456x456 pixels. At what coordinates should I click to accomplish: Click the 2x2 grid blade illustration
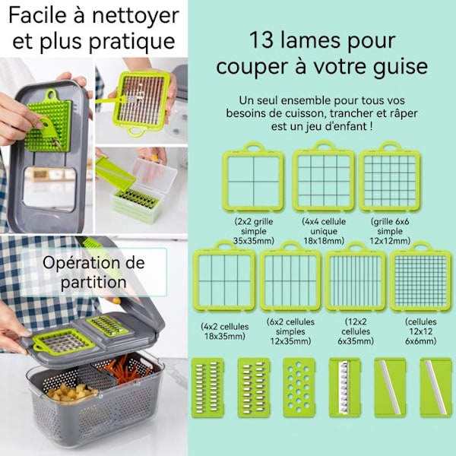[253, 177]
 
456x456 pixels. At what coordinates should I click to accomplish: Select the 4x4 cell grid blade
[324, 176]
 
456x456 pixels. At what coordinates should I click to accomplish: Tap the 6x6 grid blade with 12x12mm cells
[390, 177]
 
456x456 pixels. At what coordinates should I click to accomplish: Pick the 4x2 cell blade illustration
[224, 277]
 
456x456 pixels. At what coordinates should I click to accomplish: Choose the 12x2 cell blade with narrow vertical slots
[356, 277]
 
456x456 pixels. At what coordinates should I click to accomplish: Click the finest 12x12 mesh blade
[421, 277]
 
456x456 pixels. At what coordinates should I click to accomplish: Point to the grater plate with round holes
[299, 388]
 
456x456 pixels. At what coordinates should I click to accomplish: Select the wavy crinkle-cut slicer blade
[344, 388]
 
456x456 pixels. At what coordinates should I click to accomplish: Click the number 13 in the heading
[261, 40]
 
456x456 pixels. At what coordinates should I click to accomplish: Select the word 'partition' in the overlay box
[93, 283]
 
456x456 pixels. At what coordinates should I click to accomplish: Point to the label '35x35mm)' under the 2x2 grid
[254, 241]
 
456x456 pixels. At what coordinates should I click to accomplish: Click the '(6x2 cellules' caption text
[290, 322]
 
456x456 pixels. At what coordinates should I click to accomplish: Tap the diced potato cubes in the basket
[71, 391]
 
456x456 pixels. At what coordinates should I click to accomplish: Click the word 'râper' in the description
[406, 113]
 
